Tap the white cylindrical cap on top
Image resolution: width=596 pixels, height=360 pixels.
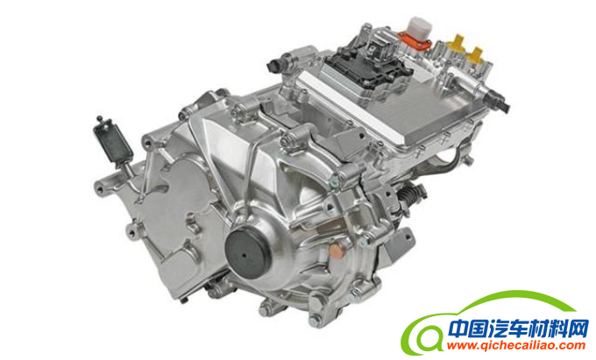coord(419,27)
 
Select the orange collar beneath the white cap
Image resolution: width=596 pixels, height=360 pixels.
coord(415,41)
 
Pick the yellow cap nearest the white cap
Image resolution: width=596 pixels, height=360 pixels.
coord(456,43)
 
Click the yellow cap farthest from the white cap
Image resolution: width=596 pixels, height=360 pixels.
coord(475,54)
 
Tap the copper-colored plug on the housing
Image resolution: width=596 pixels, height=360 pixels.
coord(335,251)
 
